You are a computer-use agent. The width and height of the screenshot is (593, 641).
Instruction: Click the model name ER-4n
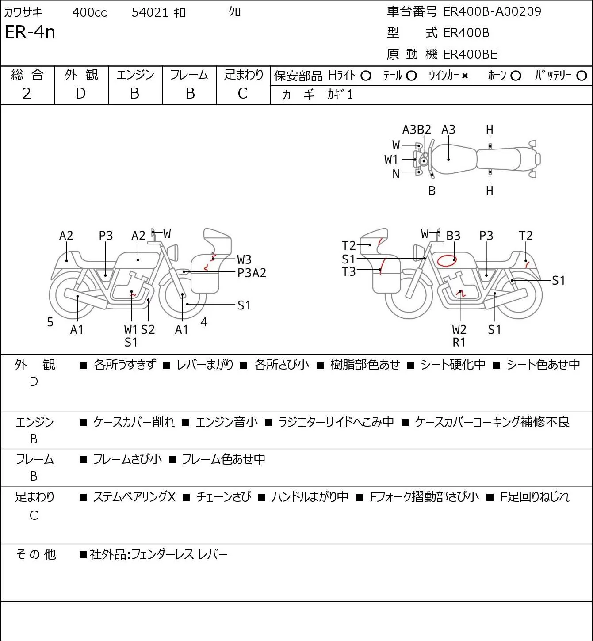pyautogui.click(x=30, y=32)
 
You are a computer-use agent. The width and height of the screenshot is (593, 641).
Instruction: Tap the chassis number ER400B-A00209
pyautogui.click(x=492, y=11)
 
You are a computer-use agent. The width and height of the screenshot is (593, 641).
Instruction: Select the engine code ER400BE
pyautogui.click(x=470, y=54)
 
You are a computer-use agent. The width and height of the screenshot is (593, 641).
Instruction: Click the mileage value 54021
pyautogui.click(x=149, y=12)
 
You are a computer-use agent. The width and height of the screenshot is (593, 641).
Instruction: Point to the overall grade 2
pyautogui.click(x=27, y=93)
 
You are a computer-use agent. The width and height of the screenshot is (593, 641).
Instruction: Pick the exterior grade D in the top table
pyautogui.click(x=81, y=93)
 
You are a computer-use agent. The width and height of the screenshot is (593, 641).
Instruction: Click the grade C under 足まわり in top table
pyautogui.click(x=243, y=93)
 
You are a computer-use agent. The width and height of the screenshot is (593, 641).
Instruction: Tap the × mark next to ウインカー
pyautogui.click(x=465, y=76)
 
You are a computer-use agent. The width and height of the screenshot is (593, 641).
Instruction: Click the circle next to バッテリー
pyautogui.click(x=582, y=76)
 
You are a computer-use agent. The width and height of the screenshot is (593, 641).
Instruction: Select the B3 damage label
pyautogui.click(x=453, y=236)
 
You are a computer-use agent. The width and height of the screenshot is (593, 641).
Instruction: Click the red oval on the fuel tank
pyautogui.click(x=447, y=260)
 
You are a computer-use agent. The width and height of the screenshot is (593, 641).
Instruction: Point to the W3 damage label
pyautogui.click(x=244, y=259)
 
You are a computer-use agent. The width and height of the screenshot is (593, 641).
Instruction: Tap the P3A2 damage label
pyautogui.click(x=252, y=273)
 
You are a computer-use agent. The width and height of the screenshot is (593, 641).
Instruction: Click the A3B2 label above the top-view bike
pyautogui.click(x=416, y=130)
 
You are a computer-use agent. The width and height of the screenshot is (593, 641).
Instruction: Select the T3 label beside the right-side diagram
pyautogui.click(x=349, y=272)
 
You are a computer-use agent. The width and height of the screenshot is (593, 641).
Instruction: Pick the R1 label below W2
pyautogui.click(x=459, y=342)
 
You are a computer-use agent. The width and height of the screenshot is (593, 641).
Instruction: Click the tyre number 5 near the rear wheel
pyautogui.click(x=50, y=322)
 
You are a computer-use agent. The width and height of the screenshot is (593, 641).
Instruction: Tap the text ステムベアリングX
pyautogui.click(x=134, y=497)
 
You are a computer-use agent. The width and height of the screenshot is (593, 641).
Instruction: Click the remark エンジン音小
pyautogui.click(x=226, y=422)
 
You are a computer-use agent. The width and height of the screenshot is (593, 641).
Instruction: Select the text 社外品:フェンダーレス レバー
pyautogui.click(x=159, y=554)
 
